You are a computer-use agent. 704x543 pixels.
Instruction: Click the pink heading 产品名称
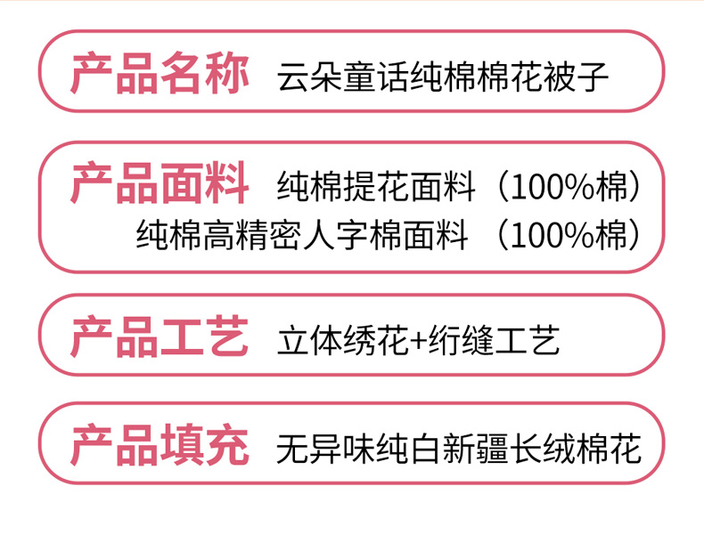tap(160, 74)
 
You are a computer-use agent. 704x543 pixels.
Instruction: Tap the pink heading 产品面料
tap(160, 183)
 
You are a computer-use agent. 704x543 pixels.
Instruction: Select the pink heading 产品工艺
tap(160, 336)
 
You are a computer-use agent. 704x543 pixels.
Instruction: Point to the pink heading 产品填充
tap(160, 445)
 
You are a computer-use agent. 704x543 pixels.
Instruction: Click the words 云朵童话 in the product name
tap(342, 77)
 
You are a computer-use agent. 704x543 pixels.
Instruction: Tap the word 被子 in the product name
tap(576, 77)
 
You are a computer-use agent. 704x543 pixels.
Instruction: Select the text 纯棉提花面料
tap(376, 187)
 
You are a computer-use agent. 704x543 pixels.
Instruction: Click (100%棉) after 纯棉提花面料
tap(569, 187)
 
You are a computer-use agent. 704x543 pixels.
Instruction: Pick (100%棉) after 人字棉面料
tap(569, 235)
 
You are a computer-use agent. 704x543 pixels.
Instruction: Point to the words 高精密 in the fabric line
tap(252, 235)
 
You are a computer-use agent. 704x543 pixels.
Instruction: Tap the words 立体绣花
tap(342, 340)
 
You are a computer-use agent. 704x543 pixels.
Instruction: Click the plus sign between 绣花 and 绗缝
tap(418, 341)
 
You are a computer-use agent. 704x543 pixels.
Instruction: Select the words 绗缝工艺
tap(494, 340)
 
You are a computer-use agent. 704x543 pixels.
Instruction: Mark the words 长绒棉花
tap(576, 449)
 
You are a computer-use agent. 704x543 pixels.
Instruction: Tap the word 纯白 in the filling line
tap(409, 449)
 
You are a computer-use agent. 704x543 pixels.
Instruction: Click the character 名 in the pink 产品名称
tap(182, 74)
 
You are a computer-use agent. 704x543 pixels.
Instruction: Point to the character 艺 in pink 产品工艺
tap(227, 336)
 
